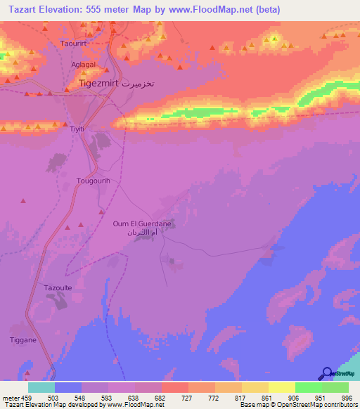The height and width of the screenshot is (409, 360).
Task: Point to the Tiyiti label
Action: (77, 129)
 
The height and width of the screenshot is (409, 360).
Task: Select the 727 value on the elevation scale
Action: (188, 397)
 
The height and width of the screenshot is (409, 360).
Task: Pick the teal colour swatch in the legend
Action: (41, 387)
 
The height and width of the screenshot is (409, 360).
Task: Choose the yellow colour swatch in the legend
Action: (281, 387)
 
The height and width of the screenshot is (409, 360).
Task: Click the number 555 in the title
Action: (91, 10)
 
